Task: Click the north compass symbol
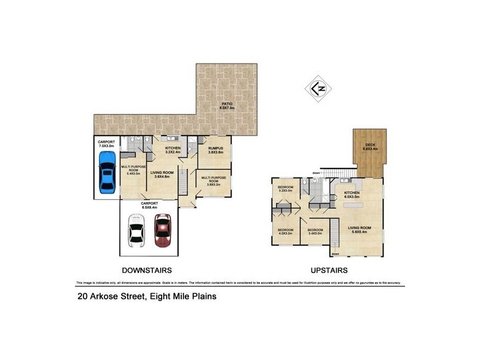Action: pyautogui.click(x=318, y=88)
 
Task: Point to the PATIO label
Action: pyautogui.click(x=227, y=106)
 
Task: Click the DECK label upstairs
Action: pyautogui.click(x=371, y=148)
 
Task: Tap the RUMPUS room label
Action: pyautogui.click(x=215, y=150)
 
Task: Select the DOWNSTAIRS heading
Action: pyautogui.click(x=148, y=270)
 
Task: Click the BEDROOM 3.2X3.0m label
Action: pyautogui.click(x=285, y=189)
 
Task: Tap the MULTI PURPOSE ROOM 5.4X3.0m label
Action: pyautogui.click(x=132, y=170)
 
